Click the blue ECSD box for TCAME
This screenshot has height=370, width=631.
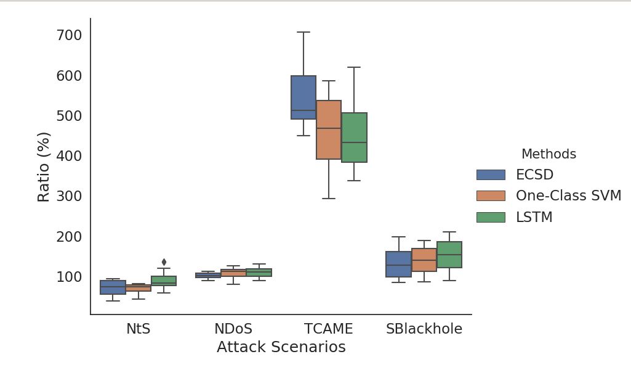[x=303, y=97]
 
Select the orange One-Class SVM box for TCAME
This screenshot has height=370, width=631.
[x=329, y=129]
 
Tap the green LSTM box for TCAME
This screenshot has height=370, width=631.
[x=354, y=137]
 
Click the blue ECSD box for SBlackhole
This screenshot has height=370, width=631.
[x=398, y=264]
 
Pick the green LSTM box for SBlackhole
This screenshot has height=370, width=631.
[x=449, y=254]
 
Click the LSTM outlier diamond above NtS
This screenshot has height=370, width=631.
[x=164, y=262]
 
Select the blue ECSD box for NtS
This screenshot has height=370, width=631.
[x=113, y=287]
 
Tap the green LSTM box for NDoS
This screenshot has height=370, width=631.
[x=259, y=273]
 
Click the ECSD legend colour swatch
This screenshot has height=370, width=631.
[x=491, y=175]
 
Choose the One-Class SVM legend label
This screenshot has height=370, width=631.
[x=568, y=196]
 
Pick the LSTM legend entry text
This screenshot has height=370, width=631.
[x=534, y=217]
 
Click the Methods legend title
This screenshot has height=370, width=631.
[x=549, y=154]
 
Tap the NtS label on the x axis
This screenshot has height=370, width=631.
[x=138, y=329]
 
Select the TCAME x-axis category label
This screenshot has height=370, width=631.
[x=328, y=329]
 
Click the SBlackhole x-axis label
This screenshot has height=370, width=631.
[x=424, y=329]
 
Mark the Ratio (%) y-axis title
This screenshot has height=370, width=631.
[x=44, y=166]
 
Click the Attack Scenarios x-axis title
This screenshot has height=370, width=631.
[x=281, y=347]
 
